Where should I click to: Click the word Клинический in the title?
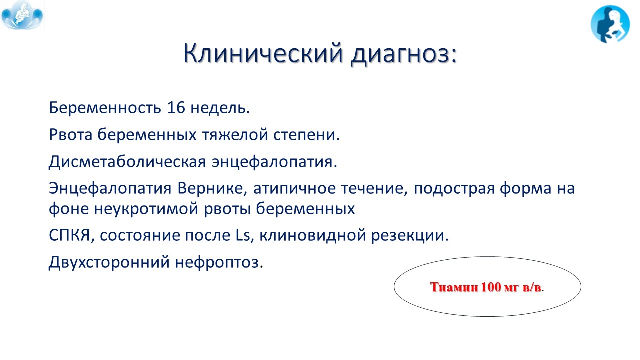click(263, 53)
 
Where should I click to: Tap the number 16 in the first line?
click(176, 108)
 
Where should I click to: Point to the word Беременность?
click(105, 108)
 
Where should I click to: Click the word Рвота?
click(71, 135)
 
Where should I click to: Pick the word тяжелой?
click(235, 135)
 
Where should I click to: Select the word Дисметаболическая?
click(127, 162)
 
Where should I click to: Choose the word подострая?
click(454, 189)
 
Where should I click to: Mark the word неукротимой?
click(146, 209)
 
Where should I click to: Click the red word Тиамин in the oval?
click(454, 287)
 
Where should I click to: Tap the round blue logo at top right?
click(610, 24)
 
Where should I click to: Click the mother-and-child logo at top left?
click(22, 15)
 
